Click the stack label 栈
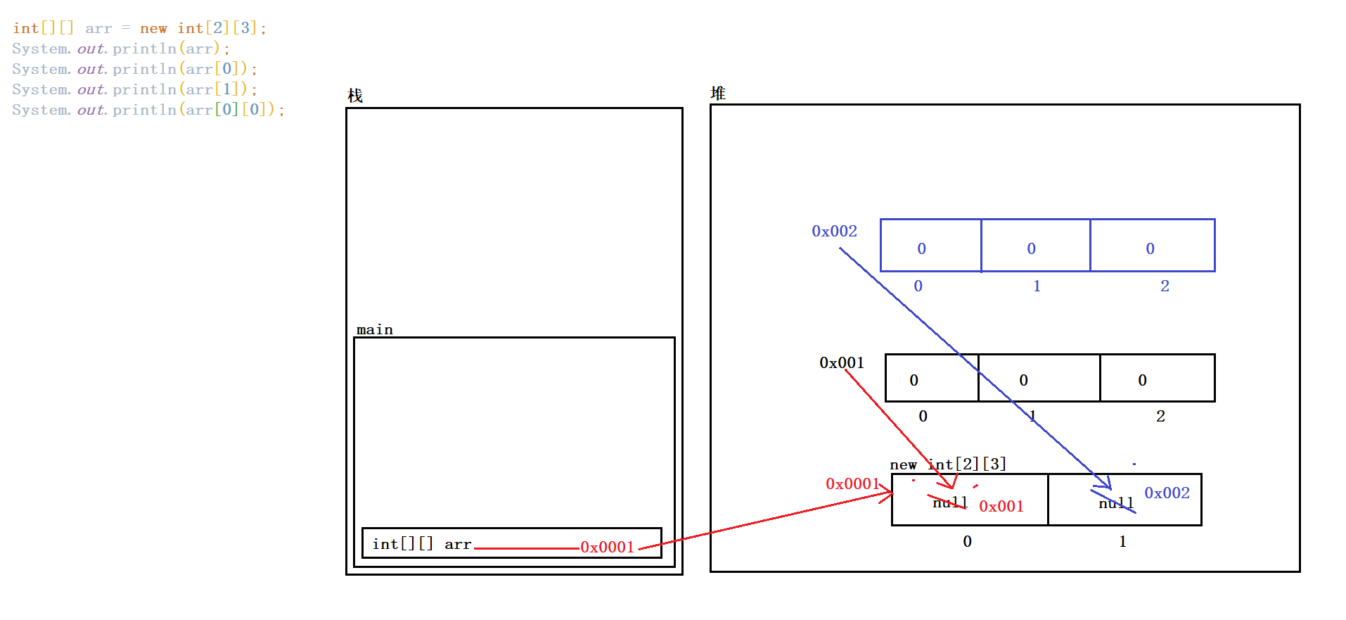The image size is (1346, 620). coord(355,96)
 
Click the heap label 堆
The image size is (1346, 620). coord(718,93)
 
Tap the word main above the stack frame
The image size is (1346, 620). coord(375,329)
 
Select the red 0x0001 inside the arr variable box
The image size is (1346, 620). coord(607,547)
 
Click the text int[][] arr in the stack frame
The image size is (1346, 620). coord(421,544)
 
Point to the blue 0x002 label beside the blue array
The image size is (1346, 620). coord(834,231)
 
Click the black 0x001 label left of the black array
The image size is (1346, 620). coord(841,362)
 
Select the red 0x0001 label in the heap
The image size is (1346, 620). coord(852,483)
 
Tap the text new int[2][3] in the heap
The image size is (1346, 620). coord(948,464)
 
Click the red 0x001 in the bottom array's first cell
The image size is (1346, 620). coord(1001,506)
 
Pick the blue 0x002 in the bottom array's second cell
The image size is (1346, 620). coord(1167,493)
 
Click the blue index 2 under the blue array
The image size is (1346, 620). coord(1165,286)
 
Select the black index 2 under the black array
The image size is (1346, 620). coord(1160,416)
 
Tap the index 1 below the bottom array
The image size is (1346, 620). coord(1122,541)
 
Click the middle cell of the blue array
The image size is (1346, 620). coord(1035,246)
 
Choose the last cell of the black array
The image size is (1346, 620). coord(1157,379)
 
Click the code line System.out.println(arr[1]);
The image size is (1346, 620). coord(134,89)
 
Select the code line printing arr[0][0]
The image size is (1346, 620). coord(148,110)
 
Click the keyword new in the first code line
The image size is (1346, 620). coord(153,28)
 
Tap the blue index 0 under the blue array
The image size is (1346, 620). coord(918,286)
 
